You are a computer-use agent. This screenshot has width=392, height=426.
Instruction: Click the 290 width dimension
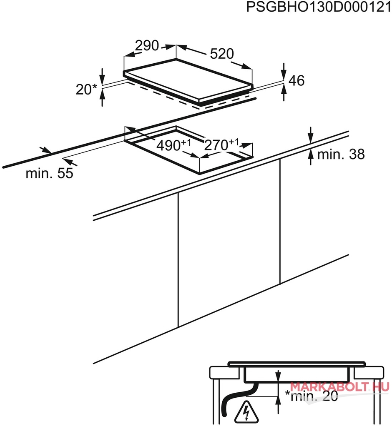point(147,46)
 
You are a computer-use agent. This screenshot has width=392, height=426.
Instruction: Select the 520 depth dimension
point(222,54)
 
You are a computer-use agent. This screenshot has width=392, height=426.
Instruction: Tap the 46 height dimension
point(297,81)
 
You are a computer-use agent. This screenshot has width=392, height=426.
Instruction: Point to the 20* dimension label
point(86,90)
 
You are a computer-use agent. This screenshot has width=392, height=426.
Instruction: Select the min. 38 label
point(341,154)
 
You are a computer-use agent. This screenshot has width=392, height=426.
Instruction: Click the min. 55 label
point(50,173)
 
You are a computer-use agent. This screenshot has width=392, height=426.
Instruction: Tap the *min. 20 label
point(311,396)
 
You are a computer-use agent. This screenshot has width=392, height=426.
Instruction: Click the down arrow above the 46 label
point(284,72)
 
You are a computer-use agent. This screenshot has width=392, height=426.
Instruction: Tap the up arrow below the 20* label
point(102,98)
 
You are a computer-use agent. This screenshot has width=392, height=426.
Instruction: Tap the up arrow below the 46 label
point(284,92)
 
